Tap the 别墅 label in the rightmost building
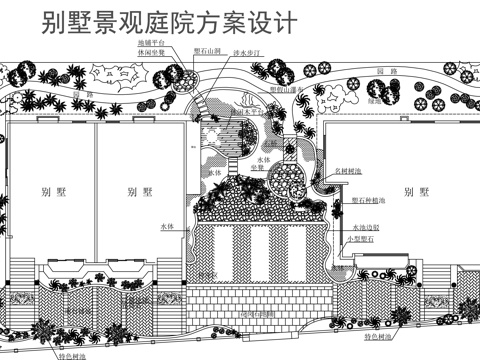(x=407, y=191)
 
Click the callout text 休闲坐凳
(x=151, y=55)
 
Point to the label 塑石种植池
(x=369, y=200)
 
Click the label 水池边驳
(x=366, y=228)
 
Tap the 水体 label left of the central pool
(x=167, y=227)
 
